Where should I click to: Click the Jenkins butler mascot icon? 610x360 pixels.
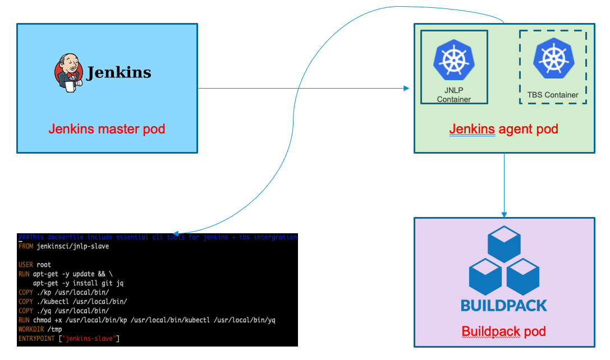pyautogui.click(x=68, y=73)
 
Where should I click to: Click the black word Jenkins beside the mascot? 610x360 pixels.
pyautogui.click(x=119, y=73)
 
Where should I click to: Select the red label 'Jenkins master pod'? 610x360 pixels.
pyautogui.click(x=107, y=129)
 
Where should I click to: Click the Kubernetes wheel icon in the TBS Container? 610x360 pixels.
pyautogui.click(x=553, y=59)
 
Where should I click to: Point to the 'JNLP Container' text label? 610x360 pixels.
pyautogui.click(x=454, y=95)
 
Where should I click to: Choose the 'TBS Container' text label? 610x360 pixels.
pyautogui.click(x=553, y=95)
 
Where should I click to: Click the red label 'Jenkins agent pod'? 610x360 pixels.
pyautogui.click(x=503, y=129)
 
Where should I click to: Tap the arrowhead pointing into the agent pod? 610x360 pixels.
pyautogui.click(x=407, y=89)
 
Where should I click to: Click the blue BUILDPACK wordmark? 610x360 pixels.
pyautogui.click(x=503, y=306)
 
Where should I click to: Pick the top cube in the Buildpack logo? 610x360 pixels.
pyautogui.click(x=504, y=242)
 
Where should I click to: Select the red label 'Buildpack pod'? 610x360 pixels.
pyautogui.click(x=503, y=331)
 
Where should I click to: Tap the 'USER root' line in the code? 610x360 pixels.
pyautogui.click(x=35, y=265)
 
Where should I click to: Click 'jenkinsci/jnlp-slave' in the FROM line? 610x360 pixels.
pyautogui.click(x=73, y=246)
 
